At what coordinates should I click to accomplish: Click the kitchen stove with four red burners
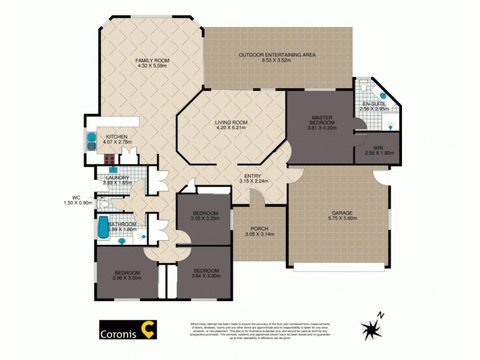[x=110, y=160]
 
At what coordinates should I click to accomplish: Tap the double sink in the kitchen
[x=92, y=141]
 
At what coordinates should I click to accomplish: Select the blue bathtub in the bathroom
[x=102, y=228]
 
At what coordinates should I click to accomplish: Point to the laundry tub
[x=113, y=170]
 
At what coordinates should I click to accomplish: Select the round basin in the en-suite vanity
[x=383, y=96]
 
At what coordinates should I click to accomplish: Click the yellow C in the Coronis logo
[x=146, y=329]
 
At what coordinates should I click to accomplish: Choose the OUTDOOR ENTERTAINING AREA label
[x=277, y=55]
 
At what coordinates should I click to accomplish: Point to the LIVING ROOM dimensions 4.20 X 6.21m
[x=231, y=128]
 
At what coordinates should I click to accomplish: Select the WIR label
[x=378, y=147]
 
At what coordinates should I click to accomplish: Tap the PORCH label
[x=260, y=229]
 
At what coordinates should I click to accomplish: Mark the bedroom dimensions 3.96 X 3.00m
[x=126, y=277]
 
